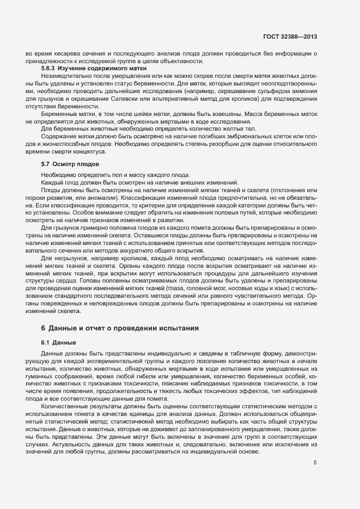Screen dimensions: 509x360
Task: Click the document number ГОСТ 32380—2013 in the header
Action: coord(290,37)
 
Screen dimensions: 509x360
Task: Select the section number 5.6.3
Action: coord(50,70)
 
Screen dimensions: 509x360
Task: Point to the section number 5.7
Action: coord(46,164)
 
